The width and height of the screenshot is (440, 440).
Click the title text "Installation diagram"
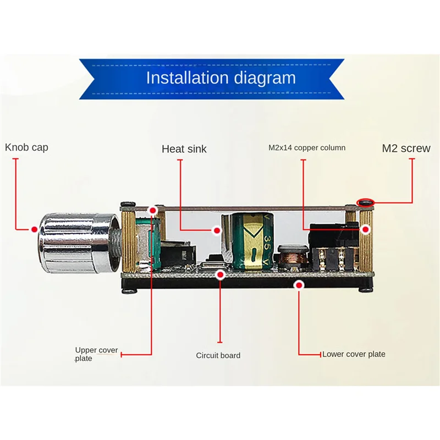click(221, 78)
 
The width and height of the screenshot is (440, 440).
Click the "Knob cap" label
click(27, 147)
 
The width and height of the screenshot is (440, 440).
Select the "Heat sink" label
click(184, 148)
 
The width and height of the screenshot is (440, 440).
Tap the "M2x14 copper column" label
click(307, 147)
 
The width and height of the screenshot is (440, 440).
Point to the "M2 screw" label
click(407, 148)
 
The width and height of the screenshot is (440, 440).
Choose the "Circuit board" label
click(218, 355)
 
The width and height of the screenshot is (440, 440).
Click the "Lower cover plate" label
click(354, 354)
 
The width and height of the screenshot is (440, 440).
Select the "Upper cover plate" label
click(96, 354)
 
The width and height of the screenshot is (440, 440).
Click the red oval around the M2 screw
click(365, 204)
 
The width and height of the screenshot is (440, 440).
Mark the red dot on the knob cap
click(34, 229)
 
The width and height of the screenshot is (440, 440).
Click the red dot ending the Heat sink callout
click(216, 230)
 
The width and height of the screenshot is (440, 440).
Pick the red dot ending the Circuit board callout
click(221, 273)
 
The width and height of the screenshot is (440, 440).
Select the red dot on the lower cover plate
click(299, 284)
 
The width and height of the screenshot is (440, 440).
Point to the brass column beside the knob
click(128, 242)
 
